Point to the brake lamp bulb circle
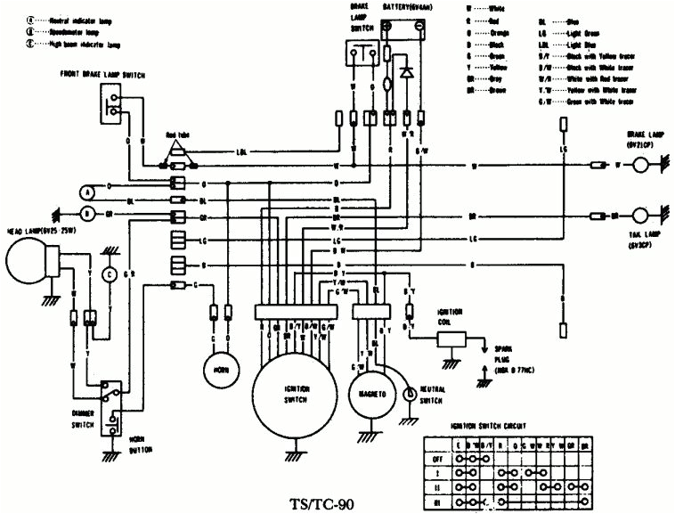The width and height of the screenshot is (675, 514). [640, 166]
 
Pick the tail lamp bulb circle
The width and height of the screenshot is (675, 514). [640, 216]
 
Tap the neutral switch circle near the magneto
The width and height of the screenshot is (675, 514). [409, 393]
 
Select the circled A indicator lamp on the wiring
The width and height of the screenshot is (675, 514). [87, 192]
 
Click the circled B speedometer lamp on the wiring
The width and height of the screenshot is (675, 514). [87, 214]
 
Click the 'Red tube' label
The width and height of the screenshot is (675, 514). [177, 134]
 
